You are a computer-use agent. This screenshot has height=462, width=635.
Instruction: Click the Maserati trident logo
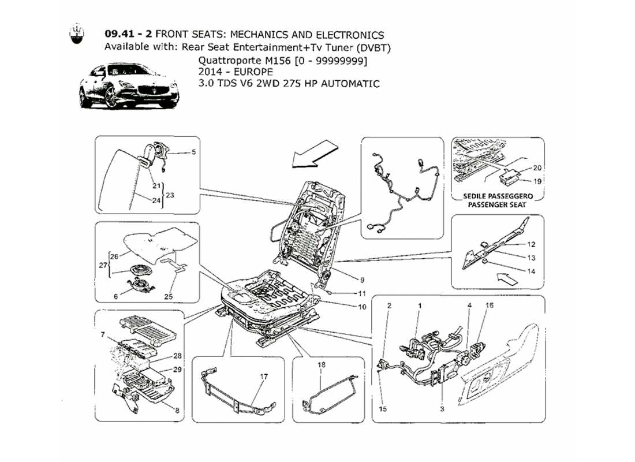click(x=76, y=35)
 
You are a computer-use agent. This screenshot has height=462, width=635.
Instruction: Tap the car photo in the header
click(x=129, y=87)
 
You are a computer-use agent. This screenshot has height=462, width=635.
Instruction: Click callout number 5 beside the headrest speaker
click(x=193, y=152)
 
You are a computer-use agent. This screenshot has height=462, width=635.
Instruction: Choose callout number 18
click(x=321, y=364)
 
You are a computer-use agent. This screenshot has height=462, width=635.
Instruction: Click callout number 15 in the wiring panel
click(x=381, y=409)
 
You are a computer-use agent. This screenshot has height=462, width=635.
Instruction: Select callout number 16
click(x=490, y=305)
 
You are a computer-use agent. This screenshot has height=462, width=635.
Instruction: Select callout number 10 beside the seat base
click(x=362, y=307)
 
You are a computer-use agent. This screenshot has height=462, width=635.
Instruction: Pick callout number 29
click(x=177, y=368)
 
